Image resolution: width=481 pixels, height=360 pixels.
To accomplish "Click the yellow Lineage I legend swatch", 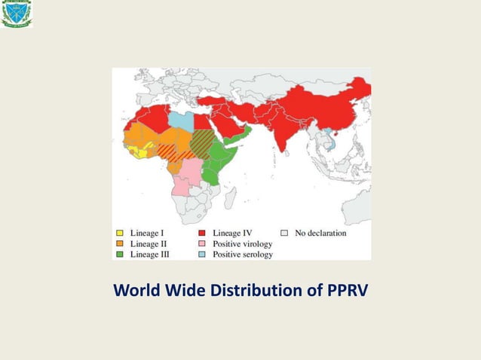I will pyautogui.click(x=119, y=233).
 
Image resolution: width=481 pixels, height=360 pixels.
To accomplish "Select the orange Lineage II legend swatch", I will pyautogui.click(x=119, y=244).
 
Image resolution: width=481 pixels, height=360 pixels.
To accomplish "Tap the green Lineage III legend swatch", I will pyautogui.click(x=119, y=255).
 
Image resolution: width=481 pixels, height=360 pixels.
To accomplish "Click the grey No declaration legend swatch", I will pyautogui.click(x=284, y=233).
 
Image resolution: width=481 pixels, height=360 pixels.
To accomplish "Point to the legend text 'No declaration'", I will pyautogui.click(x=320, y=233).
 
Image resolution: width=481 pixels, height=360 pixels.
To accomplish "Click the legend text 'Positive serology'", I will pyautogui.click(x=243, y=255).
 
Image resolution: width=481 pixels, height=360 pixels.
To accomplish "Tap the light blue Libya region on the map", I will pyautogui.click(x=180, y=120).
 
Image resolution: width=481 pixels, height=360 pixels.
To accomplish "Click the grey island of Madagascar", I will pyautogui.click(x=229, y=197).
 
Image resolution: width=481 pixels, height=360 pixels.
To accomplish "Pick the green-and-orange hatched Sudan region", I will pyautogui.click(x=201, y=141).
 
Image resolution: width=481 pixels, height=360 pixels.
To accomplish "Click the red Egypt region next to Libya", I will pyautogui.click(x=201, y=121).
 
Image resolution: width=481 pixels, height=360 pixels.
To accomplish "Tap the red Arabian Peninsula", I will pyautogui.click(x=228, y=128).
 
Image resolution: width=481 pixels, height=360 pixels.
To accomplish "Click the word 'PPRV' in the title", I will pyautogui.click(x=346, y=289).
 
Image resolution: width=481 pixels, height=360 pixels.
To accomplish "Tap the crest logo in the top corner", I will pyautogui.click(x=16, y=14).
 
